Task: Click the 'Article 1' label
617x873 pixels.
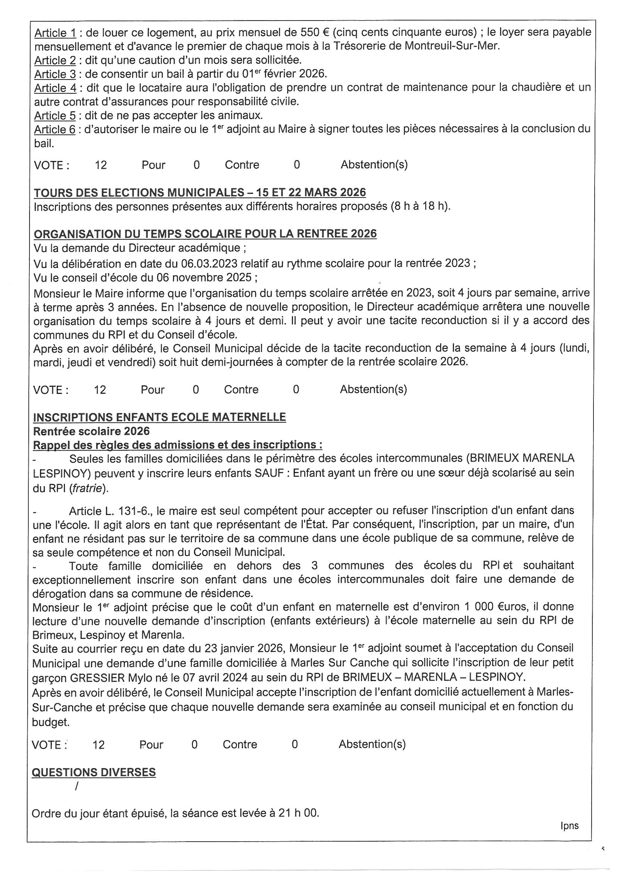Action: click(55, 33)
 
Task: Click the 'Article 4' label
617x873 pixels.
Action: click(55, 88)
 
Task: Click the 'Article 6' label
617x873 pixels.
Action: click(55, 130)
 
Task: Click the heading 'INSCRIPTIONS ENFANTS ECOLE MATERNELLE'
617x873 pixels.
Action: click(159, 417)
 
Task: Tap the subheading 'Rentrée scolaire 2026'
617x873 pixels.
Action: click(91, 431)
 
